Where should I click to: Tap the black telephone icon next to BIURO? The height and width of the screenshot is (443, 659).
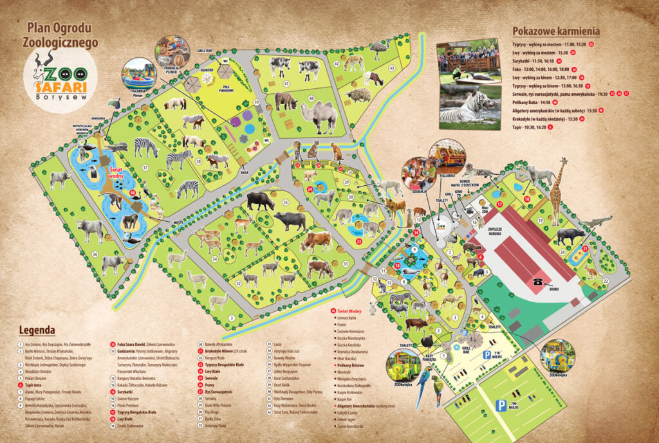pyautogui.click(x=537, y=281)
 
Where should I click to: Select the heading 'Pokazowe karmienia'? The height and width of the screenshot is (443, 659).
pyautogui.click(x=556, y=31)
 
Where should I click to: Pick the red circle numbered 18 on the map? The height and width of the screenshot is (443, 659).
pyautogui.click(x=526, y=200)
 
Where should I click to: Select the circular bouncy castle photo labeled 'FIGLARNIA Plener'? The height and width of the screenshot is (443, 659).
pyautogui.click(x=138, y=73)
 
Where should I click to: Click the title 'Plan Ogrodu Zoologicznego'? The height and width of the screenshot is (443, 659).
pyautogui.click(x=62, y=35)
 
